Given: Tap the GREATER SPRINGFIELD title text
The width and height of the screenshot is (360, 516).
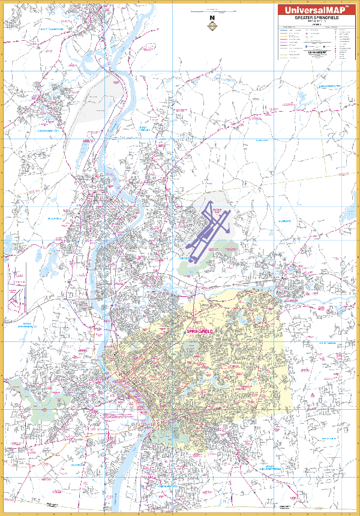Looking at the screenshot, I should point(316,19).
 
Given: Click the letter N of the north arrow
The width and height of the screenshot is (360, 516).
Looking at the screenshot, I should point(211,18).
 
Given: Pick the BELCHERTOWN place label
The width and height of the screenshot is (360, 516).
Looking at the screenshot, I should point(329,86).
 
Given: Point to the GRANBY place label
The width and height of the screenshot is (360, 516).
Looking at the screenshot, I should point(261,140).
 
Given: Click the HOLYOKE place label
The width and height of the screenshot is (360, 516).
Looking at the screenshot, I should point(55,219).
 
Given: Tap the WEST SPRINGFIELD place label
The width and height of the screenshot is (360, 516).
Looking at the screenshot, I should point(22,326).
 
